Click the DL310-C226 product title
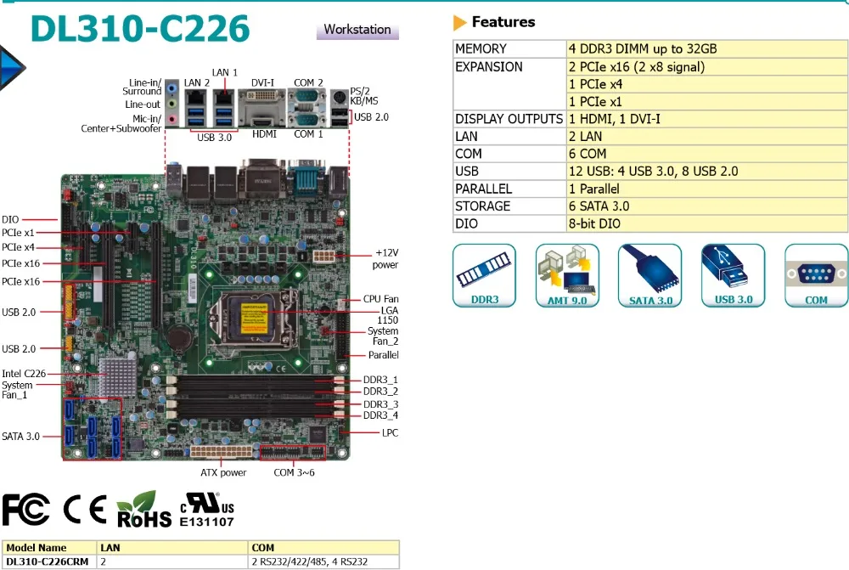pyautogui.click(x=140, y=28)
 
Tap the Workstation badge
pyautogui.click(x=357, y=30)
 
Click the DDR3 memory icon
pyautogui.click(x=484, y=275)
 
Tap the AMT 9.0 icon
pyautogui.click(x=567, y=275)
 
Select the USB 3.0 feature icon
pyautogui.click(x=734, y=275)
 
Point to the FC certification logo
pyautogui.click(x=26, y=510)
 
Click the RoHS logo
pyautogui.click(x=144, y=510)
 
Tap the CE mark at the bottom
pyautogui.click(x=84, y=510)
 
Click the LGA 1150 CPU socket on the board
pyautogui.click(x=259, y=319)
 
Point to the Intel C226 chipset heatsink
pyautogui.click(x=117, y=377)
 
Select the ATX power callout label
pyautogui.click(x=223, y=472)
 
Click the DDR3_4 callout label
pyautogui.click(x=380, y=415)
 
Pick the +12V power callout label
pyautogui.click(x=386, y=259)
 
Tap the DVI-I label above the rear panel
pyautogui.click(x=262, y=83)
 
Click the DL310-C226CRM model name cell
pyautogui.click(x=47, y=562)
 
